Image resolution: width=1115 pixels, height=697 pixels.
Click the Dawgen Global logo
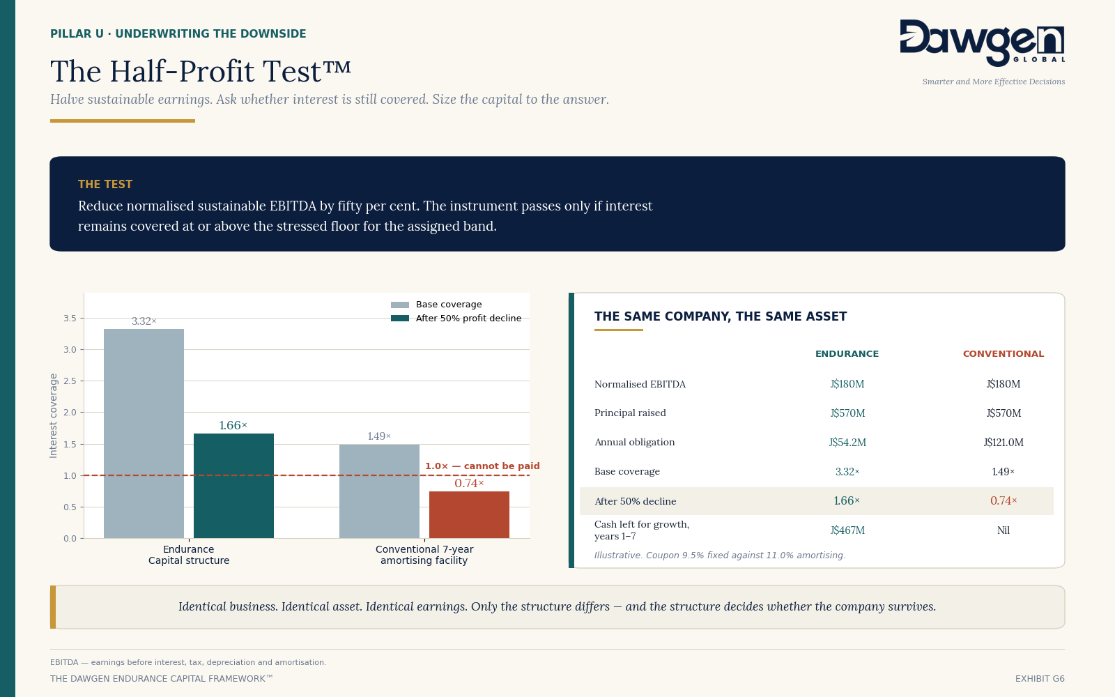coord(982,43)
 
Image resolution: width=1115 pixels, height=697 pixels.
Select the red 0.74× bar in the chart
coord(469,515)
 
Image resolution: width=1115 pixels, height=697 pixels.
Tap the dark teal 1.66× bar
coord(233,486)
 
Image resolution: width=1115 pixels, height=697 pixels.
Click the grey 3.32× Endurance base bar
coord(144,434)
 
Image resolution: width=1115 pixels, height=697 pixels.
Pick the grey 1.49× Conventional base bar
coord(379,491)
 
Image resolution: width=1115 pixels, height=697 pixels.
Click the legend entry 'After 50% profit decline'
coord(456,318)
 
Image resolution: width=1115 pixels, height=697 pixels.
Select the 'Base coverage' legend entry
coord(436,304)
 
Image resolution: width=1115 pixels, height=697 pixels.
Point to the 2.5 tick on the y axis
coord(70,381)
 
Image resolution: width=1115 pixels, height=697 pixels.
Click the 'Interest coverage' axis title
coord(53,415)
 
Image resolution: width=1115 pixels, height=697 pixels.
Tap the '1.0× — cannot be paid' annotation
coord(482,466)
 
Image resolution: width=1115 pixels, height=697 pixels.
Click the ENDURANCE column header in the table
coord(847,354)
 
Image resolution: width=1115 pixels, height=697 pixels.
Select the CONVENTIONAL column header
coord(1003,354)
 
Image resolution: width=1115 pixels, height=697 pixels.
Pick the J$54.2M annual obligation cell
coord(847,442)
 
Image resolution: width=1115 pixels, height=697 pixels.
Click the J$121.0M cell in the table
coord(1003,442)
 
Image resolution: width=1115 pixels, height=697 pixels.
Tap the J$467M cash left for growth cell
coord(847,530)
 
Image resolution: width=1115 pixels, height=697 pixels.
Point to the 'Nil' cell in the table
coord(1003,530)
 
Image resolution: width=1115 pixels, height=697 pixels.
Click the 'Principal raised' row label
coord(630,413)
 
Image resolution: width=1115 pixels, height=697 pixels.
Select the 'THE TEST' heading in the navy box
coord(105,184)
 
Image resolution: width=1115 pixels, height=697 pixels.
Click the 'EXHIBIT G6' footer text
coord(1040,679)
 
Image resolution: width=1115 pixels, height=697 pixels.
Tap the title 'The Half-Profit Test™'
coord(201,70)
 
